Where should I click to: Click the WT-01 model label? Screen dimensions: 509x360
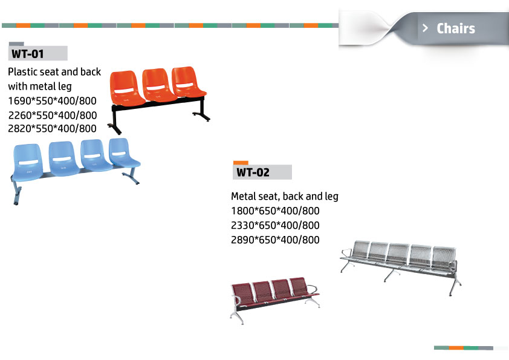28,54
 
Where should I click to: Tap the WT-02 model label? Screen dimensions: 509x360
253,172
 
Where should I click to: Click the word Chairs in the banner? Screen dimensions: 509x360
456,28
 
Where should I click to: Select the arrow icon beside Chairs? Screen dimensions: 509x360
425,28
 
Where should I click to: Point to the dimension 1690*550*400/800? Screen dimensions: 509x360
52,100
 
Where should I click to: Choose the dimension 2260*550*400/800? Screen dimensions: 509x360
53,115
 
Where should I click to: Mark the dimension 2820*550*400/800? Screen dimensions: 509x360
52,129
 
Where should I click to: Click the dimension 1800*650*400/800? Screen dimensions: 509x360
275,211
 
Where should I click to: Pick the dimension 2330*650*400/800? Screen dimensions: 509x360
275,225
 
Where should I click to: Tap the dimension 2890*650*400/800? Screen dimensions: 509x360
275,240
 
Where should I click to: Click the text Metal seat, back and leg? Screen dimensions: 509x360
285,196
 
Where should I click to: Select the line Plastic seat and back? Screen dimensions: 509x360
54,72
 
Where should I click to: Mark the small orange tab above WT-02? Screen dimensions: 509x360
241,163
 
